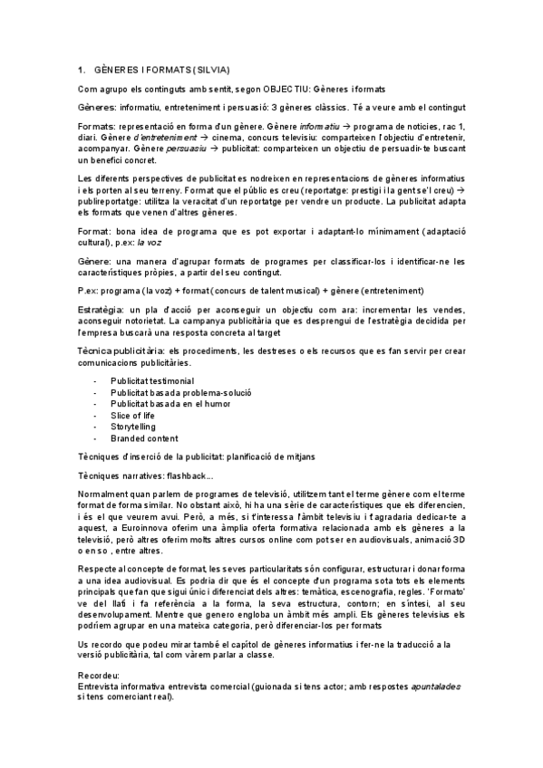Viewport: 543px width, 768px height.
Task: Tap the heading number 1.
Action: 81,70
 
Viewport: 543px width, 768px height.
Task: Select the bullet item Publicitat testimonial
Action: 152,381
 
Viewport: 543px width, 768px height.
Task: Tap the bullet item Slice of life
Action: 131,416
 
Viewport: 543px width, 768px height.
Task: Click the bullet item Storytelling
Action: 133,427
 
